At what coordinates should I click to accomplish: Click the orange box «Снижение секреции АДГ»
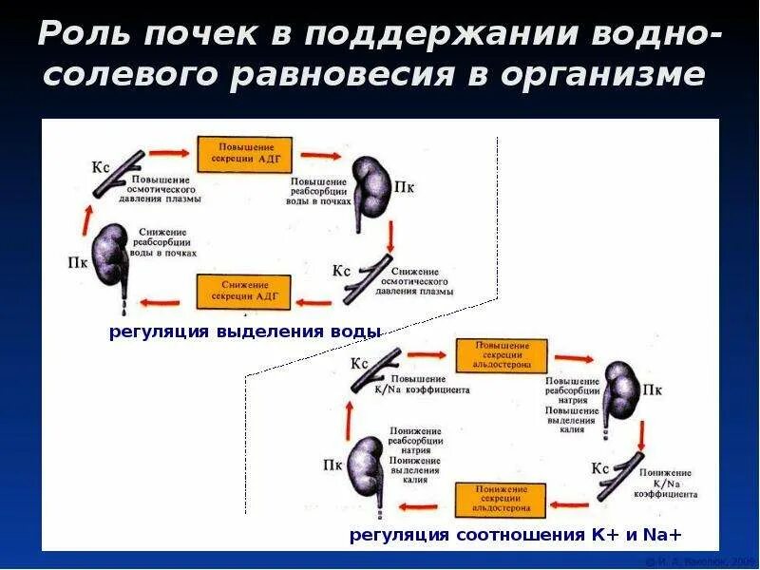coord(244,292)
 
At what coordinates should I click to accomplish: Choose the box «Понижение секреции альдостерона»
coord(500,499)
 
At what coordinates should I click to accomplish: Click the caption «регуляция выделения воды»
coord(245,332)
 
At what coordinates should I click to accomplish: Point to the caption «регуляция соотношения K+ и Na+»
coord(516,535)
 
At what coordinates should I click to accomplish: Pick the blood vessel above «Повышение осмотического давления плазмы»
coord(120,172)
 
